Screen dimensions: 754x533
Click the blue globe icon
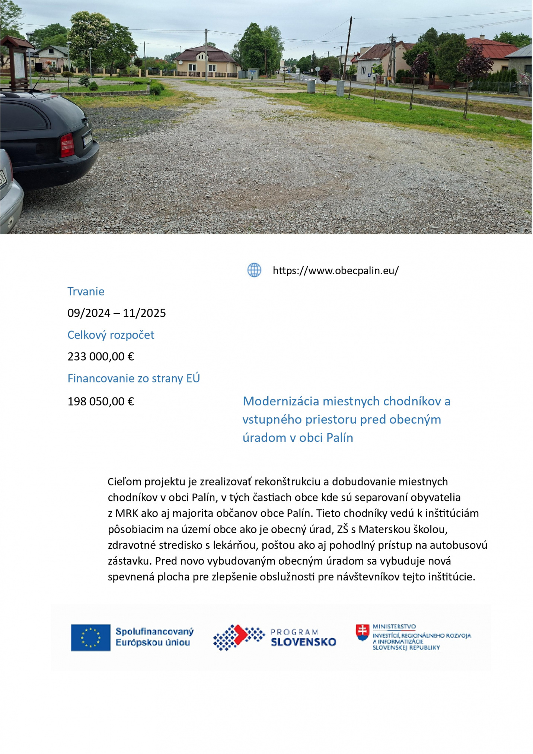254,270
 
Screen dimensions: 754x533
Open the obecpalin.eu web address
335,270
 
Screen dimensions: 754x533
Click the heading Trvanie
86,291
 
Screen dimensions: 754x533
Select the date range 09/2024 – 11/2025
117,313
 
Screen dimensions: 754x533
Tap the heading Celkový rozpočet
111,335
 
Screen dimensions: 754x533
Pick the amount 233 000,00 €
100,357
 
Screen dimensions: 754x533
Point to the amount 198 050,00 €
100,401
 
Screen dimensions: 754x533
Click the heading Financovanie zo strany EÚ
134,378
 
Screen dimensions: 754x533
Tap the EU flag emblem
90,637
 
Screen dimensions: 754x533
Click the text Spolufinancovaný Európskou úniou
154,637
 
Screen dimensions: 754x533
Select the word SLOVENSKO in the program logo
303,642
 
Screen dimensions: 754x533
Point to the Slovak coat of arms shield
362,633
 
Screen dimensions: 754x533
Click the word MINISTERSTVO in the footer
394,627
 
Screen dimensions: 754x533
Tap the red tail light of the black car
67,145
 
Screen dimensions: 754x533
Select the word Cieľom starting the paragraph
124,482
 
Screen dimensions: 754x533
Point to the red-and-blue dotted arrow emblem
238,637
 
